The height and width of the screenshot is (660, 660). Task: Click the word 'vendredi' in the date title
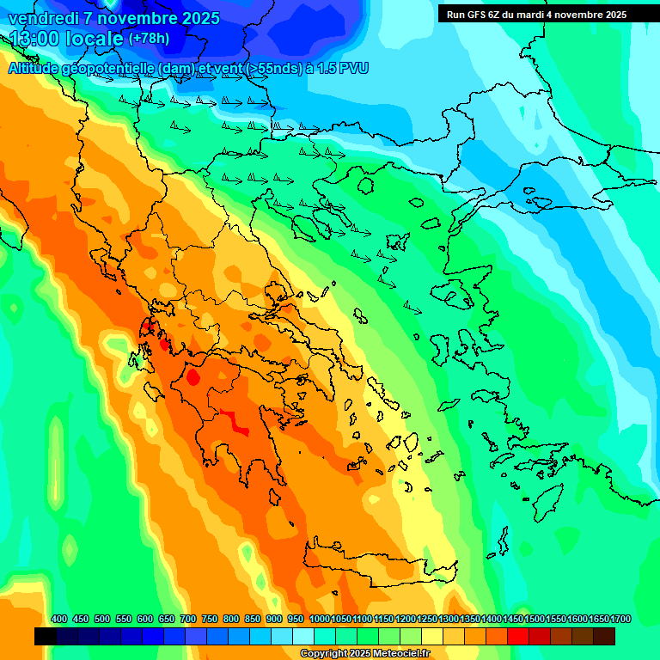42,18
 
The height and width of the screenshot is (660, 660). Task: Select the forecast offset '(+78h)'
149,39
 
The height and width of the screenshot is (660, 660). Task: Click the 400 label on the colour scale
59,619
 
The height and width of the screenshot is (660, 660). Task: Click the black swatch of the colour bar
46,636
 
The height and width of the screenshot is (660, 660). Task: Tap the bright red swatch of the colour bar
518,636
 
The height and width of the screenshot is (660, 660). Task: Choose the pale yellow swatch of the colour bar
432,636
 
